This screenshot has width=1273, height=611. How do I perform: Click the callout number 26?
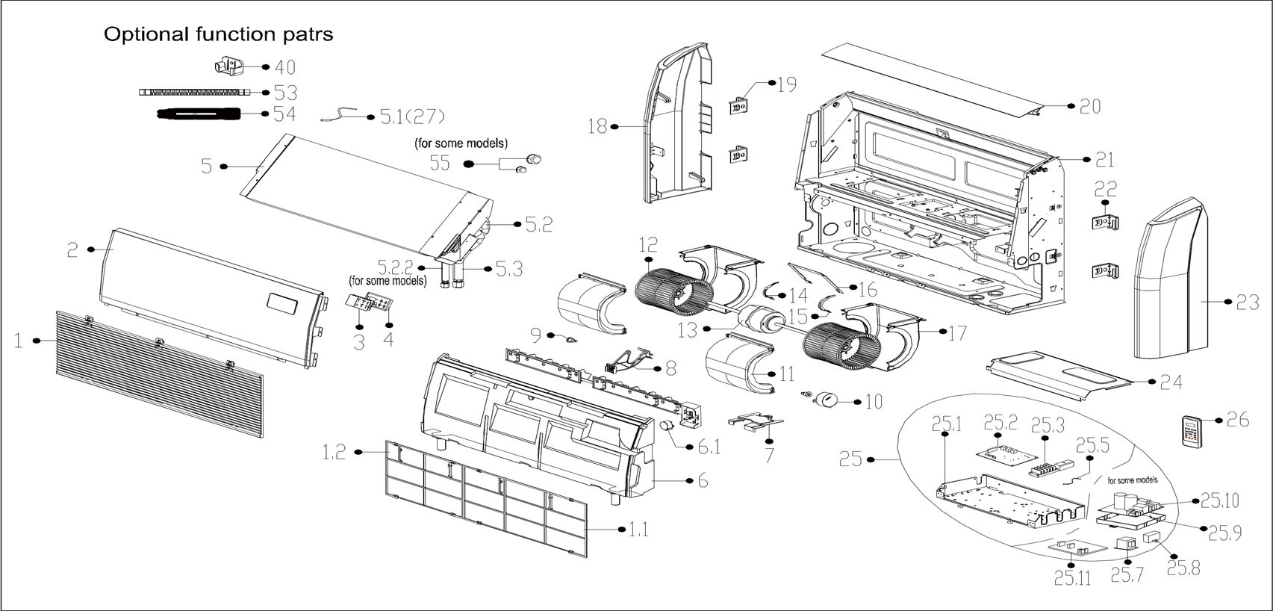click(x=1238, y=421)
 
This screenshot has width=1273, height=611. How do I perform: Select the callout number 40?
click(x=285, y=66)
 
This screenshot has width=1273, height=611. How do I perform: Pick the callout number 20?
click(x=1090, y=107)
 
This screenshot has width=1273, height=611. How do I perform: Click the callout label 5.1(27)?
click(x=412, y=117)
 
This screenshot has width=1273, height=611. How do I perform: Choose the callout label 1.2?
click(x=334, y=453)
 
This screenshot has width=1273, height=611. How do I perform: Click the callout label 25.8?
click(x=1183, y=568)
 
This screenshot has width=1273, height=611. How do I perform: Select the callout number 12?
click(x=647, y=245)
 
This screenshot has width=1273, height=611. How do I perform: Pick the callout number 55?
click(x=439, y=163)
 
